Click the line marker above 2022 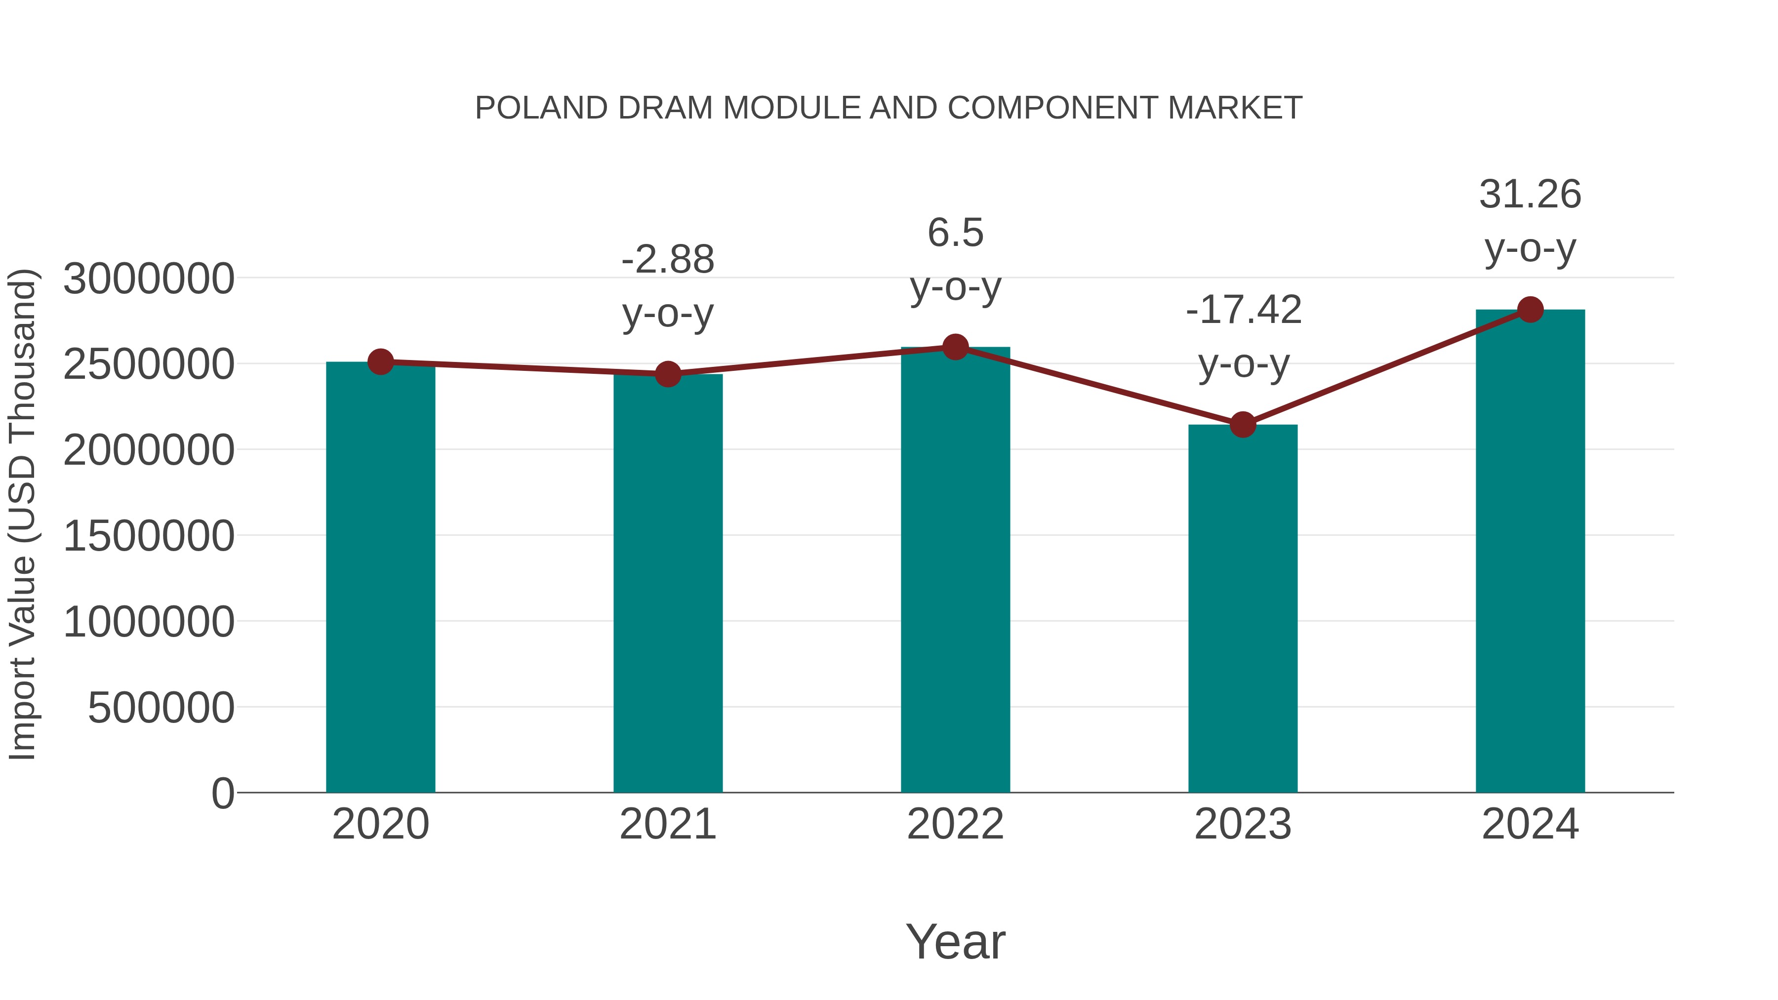[x=955, y=347]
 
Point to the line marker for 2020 [x=380, y=361]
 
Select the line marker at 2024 [x=1530, y=310]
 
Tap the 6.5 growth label [x=955, y=233]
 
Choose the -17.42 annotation [x=1243, y=310]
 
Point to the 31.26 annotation [x=1530, y=195]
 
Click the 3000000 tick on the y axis [x=148, y=280]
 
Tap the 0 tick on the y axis [x=222, y=794]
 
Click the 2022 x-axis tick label [x=955, y=825]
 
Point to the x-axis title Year [x=955, y=942]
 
